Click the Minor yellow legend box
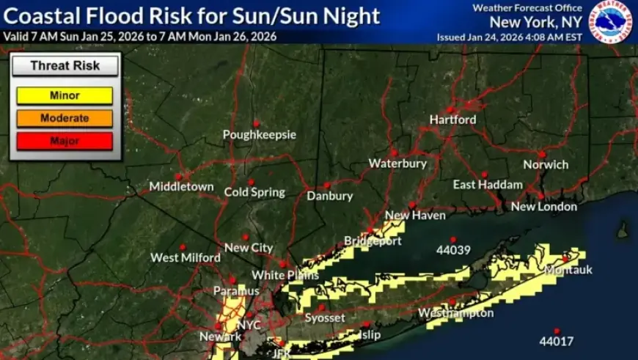tap(65, 96)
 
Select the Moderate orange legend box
tap(65, 118)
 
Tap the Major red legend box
tap(65, 140)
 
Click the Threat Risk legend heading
tap(65, 65)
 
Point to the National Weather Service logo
tap(612, 21)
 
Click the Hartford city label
tap(452, 120)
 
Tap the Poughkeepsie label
tap(260, 135)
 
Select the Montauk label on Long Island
tap(568, 270)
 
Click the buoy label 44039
tap(452, 250)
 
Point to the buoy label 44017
tap(556, 342)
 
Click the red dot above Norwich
tap(541, 154)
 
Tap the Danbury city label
tap(330, 196)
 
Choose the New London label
tap(543, 207)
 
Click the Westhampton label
tap(455, 314)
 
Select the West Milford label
tap(186, 257)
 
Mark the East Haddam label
tap(488, 185)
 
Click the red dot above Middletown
tap(178, 176)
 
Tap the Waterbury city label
tap(397, 164)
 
